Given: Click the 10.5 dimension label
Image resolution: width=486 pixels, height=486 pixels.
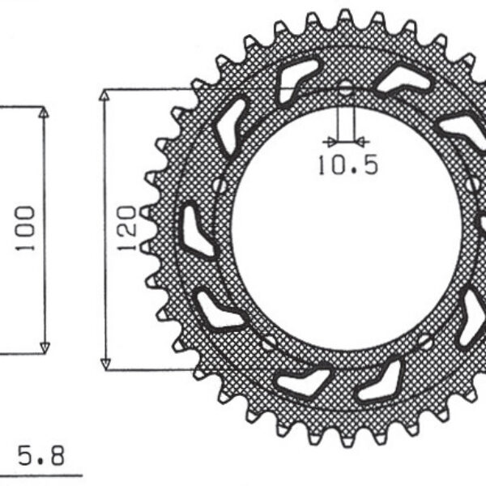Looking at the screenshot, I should pos(347,165).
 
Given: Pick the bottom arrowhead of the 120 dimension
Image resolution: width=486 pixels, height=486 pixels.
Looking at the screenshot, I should pos(104,364).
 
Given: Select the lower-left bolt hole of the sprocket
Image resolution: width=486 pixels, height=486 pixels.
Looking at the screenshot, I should pos(267,343).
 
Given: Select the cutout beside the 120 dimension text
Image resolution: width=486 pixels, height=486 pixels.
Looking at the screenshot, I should pos(195,232).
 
